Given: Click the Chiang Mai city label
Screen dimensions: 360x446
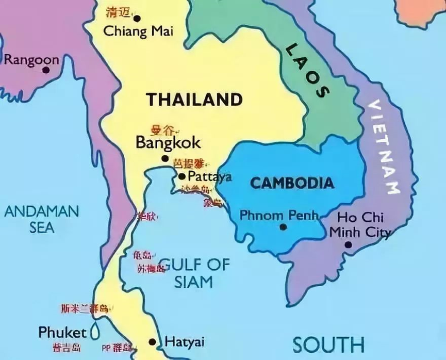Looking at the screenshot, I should point(138,31).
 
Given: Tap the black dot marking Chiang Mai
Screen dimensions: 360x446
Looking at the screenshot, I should point(137,19).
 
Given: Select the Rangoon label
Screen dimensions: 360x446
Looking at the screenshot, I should point(31,60).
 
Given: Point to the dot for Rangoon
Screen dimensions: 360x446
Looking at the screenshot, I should point(46,70).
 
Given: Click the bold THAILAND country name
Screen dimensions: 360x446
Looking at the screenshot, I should point(194,99).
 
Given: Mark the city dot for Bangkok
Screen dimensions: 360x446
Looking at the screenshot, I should point(165,159).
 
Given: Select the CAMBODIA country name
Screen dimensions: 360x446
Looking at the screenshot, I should point(291,183).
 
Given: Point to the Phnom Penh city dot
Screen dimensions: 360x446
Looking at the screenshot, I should point(282,227).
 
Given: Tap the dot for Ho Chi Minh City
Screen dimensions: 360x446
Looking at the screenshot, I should point(348,244).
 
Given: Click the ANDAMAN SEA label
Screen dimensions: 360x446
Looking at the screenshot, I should point(41,218).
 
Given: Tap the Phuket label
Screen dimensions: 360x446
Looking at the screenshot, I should point(62,332).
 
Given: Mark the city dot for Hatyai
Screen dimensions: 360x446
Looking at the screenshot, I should point(152,341).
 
